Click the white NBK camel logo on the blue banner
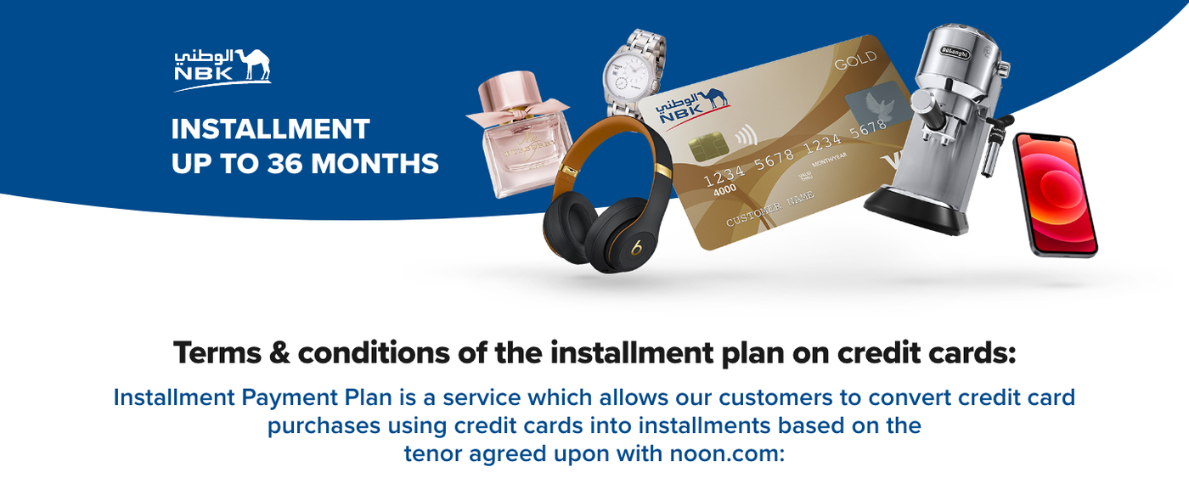(223, 70)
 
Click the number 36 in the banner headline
(285, 163)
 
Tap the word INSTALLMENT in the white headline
(270, 129)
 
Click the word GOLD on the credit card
(856, 60)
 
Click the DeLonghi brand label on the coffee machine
(955, 53)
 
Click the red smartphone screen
(1055, 194)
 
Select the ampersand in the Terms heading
(279, 354)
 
